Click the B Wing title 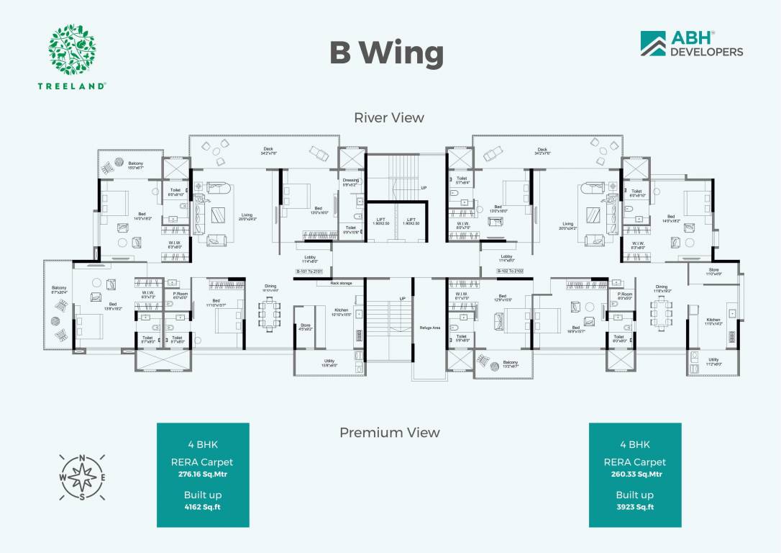(387, 53)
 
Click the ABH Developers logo (691, 44)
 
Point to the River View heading (389, 117)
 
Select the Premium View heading (389, 432)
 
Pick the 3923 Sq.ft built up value (634, 508)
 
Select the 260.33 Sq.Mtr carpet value (634, 475)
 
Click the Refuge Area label (430, 328)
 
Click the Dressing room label (350, 181)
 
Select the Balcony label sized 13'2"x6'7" (511, 364)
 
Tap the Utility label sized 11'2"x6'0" (713, 361)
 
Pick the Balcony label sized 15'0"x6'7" (136, 165)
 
